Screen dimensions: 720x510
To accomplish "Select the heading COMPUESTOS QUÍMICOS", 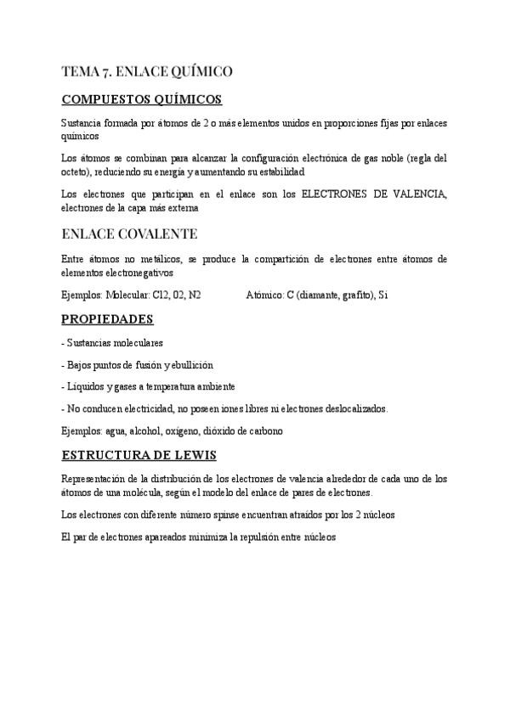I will [142, 99].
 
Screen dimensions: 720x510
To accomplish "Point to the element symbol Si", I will [383, 295].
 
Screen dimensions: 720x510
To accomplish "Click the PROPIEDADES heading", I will [108, 319].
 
